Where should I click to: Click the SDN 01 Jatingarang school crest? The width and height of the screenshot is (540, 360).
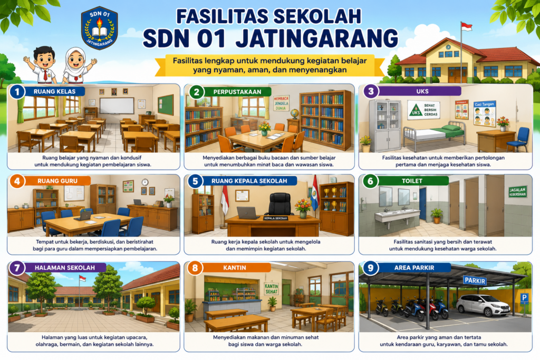click(100, 28)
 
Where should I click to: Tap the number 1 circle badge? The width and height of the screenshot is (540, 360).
click(17, 92)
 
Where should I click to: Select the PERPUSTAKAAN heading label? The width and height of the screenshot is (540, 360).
click(237, 92)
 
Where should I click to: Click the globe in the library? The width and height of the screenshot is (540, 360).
click(294, 113)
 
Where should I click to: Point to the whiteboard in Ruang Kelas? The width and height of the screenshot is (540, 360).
click(117, 105)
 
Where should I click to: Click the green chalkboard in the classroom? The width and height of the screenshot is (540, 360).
click(165, 105)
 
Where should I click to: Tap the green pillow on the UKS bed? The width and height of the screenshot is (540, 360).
click(451, 128)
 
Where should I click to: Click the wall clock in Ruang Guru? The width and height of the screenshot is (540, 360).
click(145, 182)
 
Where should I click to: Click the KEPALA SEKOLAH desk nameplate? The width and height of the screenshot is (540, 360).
click(275, 218)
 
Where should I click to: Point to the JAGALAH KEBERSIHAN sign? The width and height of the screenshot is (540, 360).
click(517, 192)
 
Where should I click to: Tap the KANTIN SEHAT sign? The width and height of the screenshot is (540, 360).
click(272, 289)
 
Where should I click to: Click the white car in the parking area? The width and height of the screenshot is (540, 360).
click(483, 305)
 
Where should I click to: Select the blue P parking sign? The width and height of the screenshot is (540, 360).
click(524, 298)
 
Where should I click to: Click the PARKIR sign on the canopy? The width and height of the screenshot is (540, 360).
click(475, 280)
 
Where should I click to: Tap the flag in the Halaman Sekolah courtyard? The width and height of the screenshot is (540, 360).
click(82, 278)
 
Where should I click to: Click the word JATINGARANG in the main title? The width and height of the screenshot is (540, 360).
click(317, 38)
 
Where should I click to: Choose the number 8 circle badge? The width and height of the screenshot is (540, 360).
click(195, 268)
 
